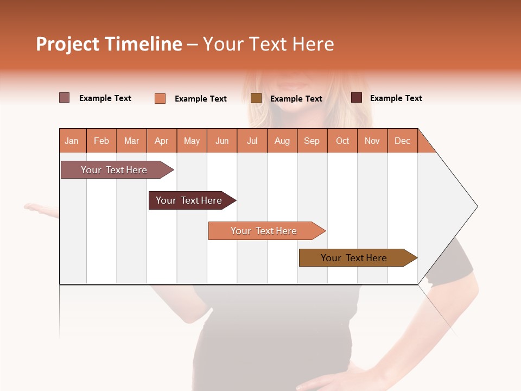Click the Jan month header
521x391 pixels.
tap(72, 141)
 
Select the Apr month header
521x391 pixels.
tap(162, 141)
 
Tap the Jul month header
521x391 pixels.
tap(252, 141)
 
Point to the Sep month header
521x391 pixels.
tap(312, 141)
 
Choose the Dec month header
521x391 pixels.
tap(402, 141)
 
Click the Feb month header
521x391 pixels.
tap(101, 141)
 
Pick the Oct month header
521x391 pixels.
tap(342, 141)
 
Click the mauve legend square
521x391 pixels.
tap(65, 98)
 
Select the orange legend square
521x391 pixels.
tap(160, 98)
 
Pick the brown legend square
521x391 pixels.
tap(256, 98)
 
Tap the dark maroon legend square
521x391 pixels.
tap(357, 98)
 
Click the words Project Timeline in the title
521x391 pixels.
tap(109, 44)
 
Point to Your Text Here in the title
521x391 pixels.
tap(268, 44)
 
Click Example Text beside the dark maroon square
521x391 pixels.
tap(396, 98)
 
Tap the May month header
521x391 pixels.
tap(192, 141)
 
